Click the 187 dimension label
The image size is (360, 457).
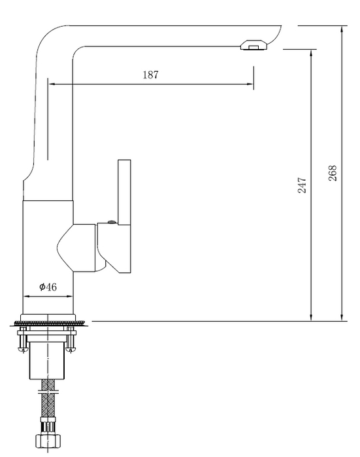(150, 74)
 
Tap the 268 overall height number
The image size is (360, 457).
(333, 172)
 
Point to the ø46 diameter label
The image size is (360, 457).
(48, 287)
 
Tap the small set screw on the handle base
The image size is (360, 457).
(111, 223)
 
